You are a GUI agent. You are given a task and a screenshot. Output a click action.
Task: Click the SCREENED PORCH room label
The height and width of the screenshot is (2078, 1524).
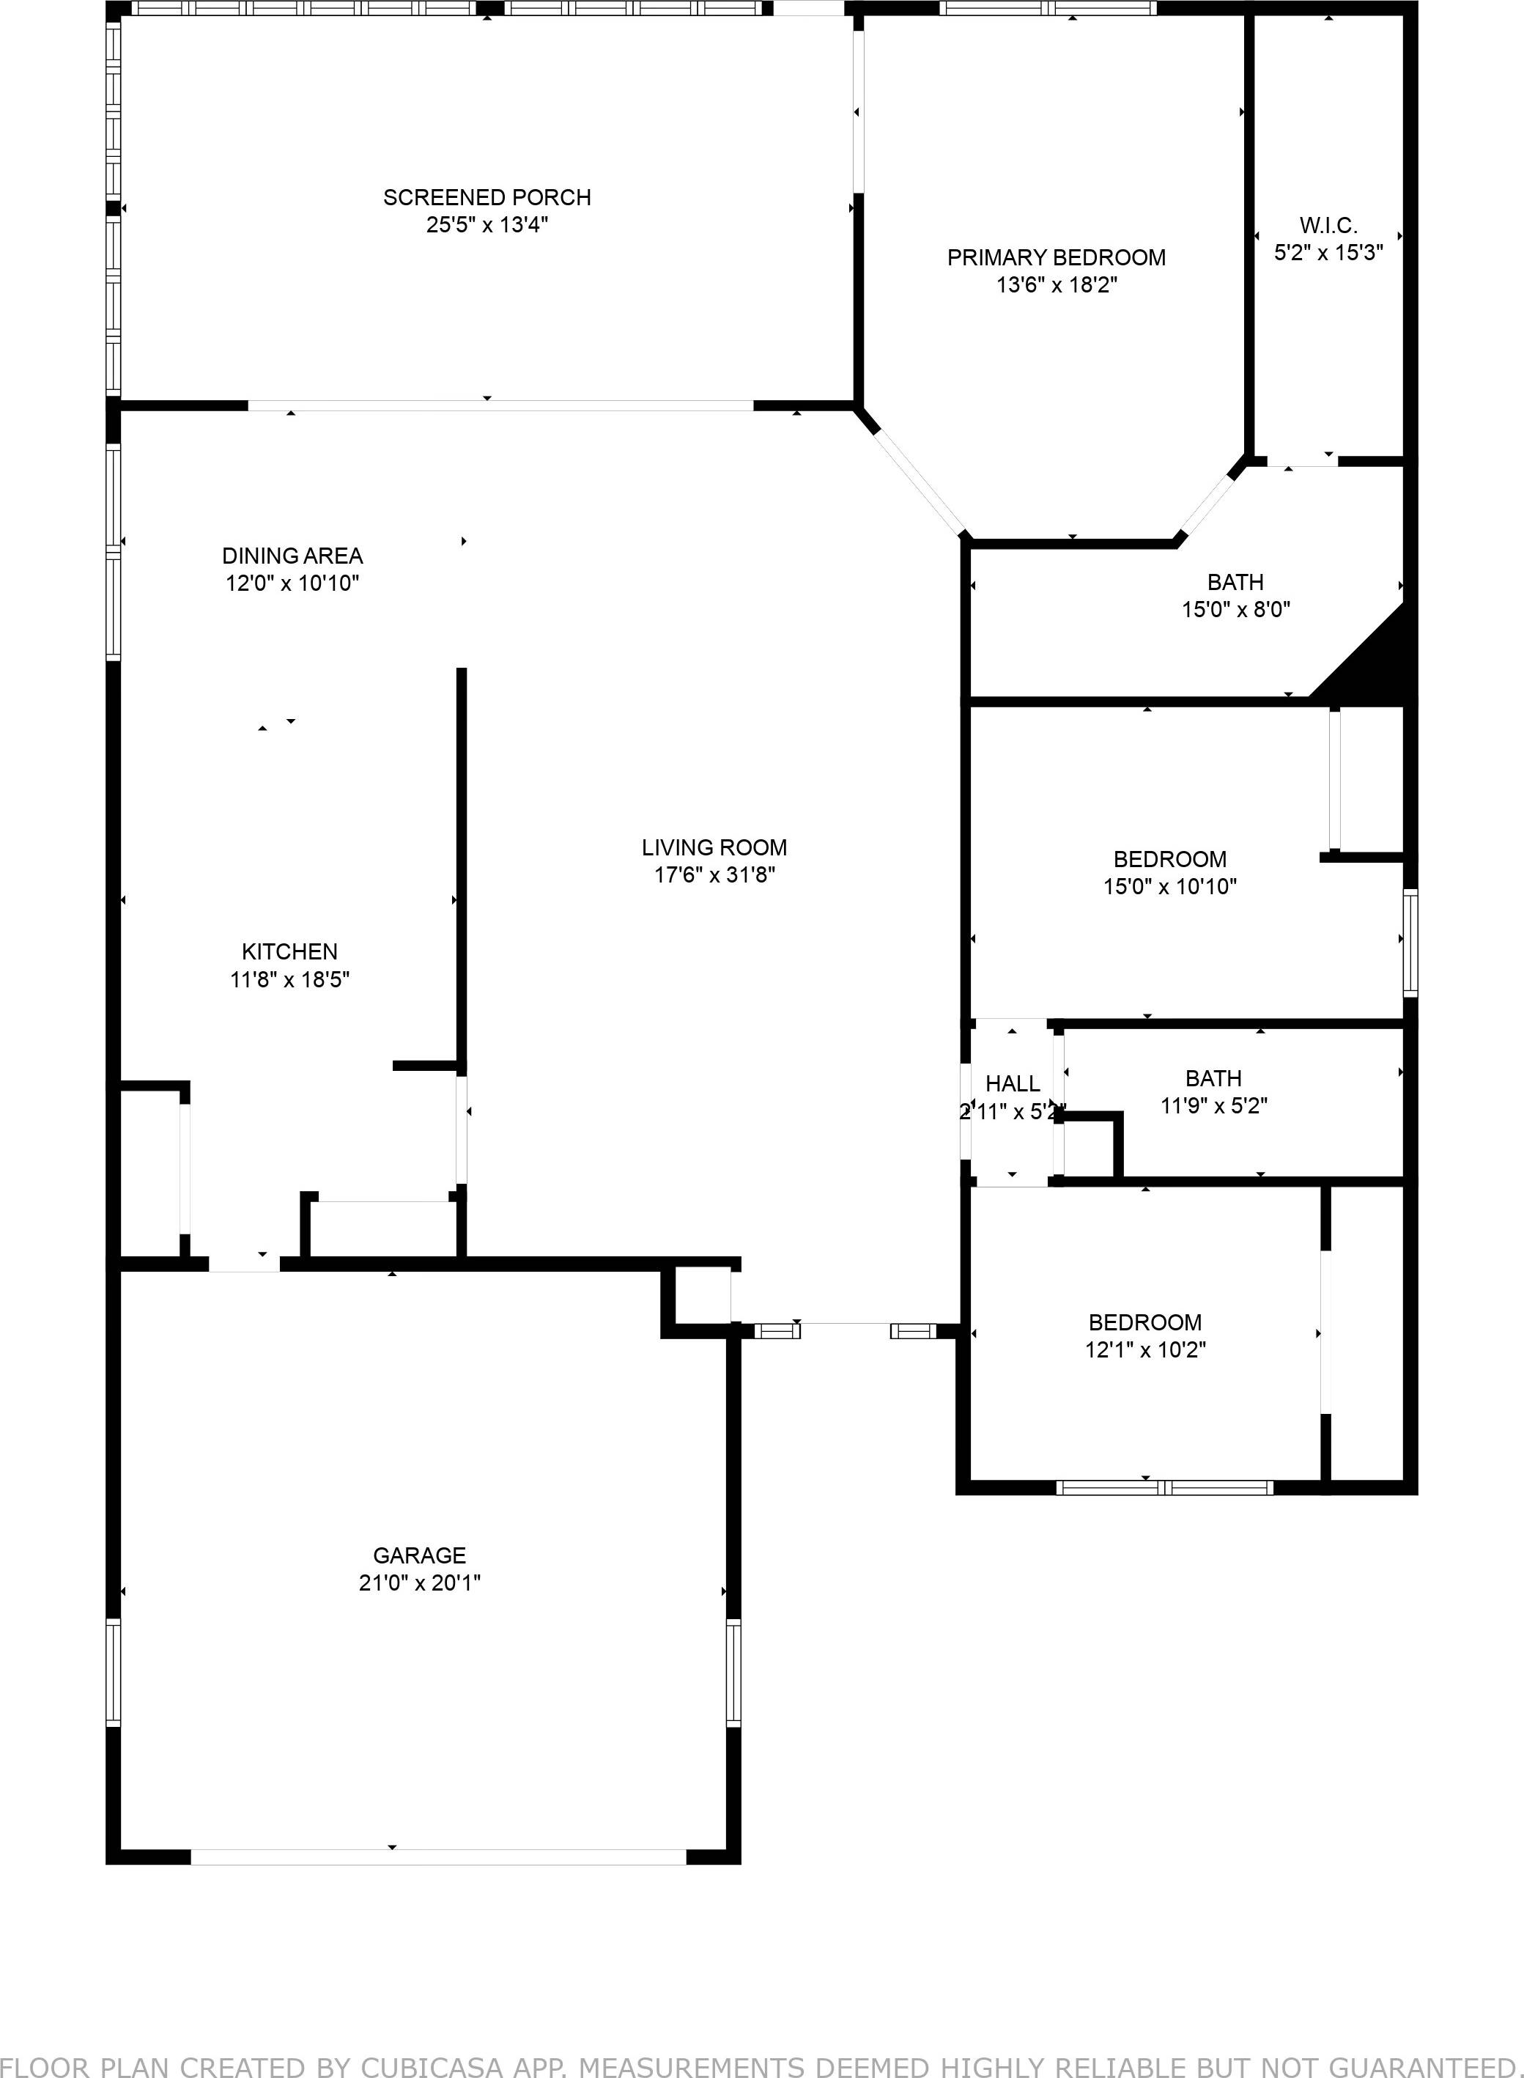[487, 197]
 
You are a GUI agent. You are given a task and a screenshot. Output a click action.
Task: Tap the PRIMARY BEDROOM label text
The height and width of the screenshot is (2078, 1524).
[1057, 257]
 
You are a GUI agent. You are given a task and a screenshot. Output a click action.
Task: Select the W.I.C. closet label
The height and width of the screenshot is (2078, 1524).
[1328, 225]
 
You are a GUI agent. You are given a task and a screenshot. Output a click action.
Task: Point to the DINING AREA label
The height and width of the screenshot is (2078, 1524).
[292, 556]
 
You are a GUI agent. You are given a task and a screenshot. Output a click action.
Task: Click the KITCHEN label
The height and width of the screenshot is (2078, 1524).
[289, 951]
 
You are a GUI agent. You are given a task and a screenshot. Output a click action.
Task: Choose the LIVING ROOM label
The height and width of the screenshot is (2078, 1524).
[714, 847]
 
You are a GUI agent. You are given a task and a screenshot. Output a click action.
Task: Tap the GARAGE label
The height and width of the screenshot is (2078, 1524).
[420, 1555]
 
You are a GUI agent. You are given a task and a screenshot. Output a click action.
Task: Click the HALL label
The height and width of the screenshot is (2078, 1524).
[1012, 1083]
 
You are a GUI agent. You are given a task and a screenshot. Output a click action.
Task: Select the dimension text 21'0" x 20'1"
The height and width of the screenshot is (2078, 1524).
[420, 1583]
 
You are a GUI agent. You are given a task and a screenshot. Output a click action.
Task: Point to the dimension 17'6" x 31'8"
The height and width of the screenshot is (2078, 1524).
[714, 874]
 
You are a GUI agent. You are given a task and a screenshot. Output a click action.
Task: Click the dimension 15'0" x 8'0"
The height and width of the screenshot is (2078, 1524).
[1235, 609]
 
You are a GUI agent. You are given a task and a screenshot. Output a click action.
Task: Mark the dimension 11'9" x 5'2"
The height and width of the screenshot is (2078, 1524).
[1213, 1105]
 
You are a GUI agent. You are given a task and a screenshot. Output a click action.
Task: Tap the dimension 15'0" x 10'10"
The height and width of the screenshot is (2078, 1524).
[1170, 887]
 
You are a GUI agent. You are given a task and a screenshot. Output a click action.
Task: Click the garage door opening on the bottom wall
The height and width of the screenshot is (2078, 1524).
[438, 1856]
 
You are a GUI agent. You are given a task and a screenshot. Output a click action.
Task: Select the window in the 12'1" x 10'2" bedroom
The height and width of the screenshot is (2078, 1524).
[1164, 1486]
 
